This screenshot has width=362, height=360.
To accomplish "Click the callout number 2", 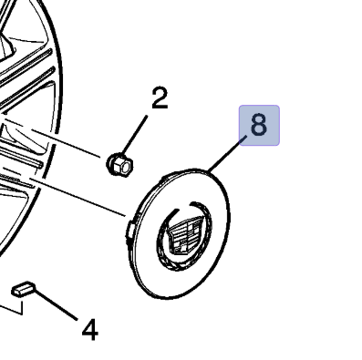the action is tap(160, 98).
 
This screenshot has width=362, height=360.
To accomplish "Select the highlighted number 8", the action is tap(259, 125).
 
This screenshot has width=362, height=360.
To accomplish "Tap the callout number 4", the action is tap(90, 329).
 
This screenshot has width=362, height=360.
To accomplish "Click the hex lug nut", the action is tap(119, 164).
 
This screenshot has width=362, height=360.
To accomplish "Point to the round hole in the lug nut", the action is tap(128, 167).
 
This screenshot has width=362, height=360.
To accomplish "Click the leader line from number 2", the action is tap(135, 135).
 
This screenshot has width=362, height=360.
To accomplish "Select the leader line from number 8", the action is tap(227, 154).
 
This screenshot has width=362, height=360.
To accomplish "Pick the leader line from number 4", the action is tap(56, 303).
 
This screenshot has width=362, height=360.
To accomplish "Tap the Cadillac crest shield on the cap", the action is tap(184, 234).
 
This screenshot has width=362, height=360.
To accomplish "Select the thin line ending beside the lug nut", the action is tap(52, 138).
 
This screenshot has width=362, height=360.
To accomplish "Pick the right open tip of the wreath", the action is tap(191, 203).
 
